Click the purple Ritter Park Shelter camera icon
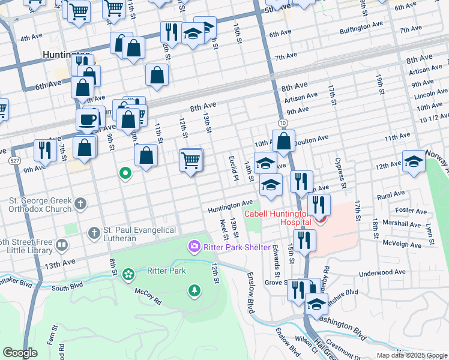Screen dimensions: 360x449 pyautogui.click(x=194, y=246)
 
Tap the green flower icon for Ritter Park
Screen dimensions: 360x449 pyautogui.click(x=128, y=274)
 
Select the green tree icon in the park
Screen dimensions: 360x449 pyautogui.click(x=194, y=291)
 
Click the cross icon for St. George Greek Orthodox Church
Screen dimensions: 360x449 pyautogui.click(x=79, y=205)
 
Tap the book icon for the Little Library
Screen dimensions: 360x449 pyautogui.click(x=61, y=245)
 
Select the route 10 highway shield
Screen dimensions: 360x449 pyautogui.click(x=282, y=122)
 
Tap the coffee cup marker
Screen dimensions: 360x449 pyautogui.click(x=87, y=119)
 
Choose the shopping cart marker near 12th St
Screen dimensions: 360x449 pyautogui.click(x=191, y=160)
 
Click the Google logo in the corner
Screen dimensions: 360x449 pyautogui.click(x=20, y=353)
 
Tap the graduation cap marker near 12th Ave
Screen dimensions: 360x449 pyautogui.click(x=413, y=161)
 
